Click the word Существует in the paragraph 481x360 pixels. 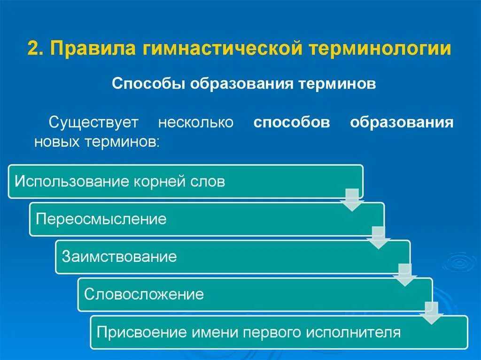click(x=94, y=122)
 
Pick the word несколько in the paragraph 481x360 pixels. click(x=195, y=122)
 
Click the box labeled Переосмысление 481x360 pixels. click(x=207, y=219)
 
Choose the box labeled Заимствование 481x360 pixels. click(x=233, y=257)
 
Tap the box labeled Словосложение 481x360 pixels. click(x=255, y=295)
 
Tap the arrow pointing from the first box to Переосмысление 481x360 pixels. click(x=352, y=199)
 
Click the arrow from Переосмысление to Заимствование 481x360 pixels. click(x=379, y=237)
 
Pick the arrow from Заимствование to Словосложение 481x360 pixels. click(x=405, y=275)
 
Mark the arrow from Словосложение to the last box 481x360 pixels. click(x=431, y=313)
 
